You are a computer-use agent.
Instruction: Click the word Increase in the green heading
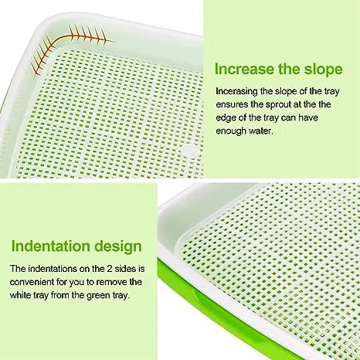point(244,69)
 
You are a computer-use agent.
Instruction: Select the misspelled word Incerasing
point(236,92)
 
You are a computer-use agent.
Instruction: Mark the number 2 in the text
point(109,269)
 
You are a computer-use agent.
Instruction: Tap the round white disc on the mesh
point(190,151)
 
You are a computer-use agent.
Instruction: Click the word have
point(308,118)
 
